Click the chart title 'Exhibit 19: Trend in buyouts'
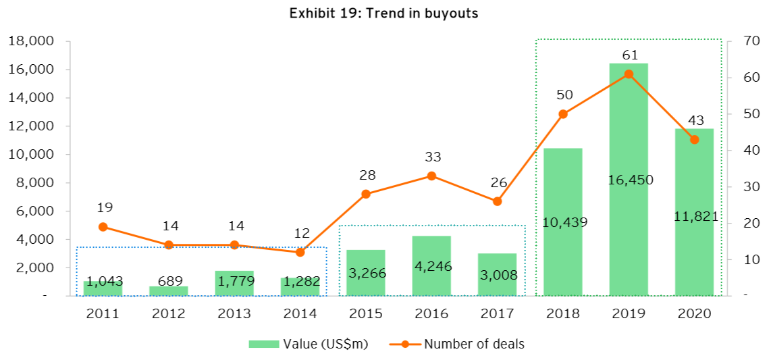coord(383,14)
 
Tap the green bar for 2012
coord(168,291)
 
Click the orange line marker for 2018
coord(563,114)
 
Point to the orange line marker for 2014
coord(300,252)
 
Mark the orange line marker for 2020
coord(694,140)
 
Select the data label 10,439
coord(563,222)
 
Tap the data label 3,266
coord(366,273)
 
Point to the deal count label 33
coord(431,157)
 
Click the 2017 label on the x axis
coord(497,313)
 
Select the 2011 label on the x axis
coord(103,313)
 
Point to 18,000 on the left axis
coord(33,41)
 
